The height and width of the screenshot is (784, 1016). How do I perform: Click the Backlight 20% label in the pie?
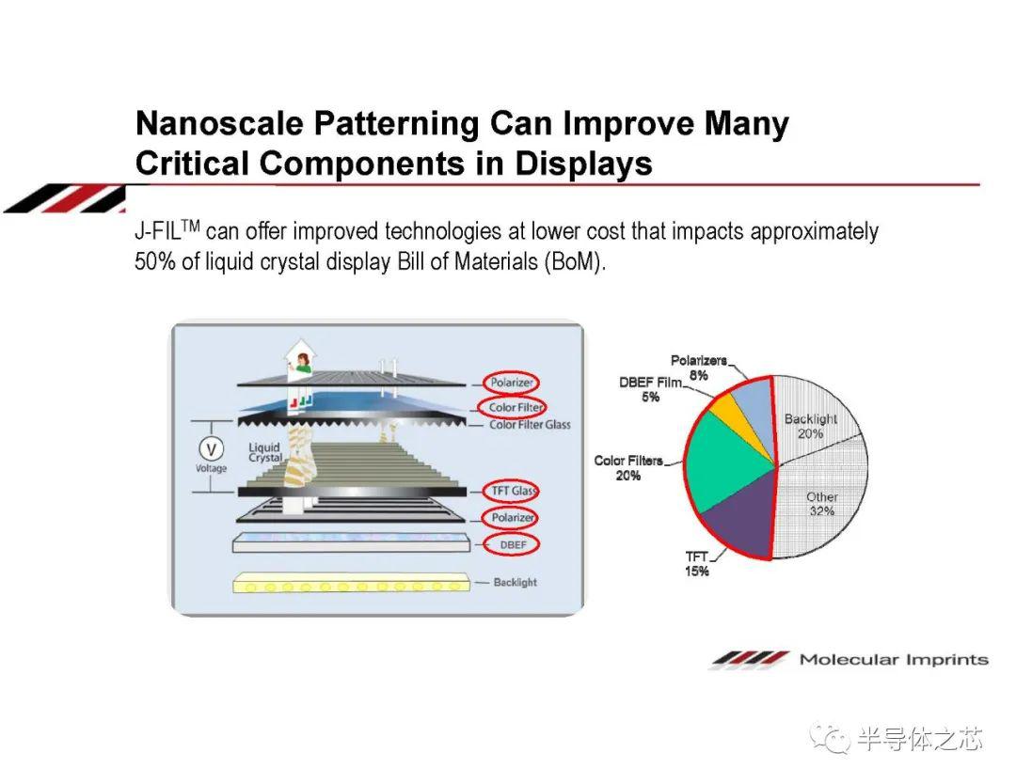pos(811,426)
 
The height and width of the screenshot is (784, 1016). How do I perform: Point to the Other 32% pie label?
pos(821,504)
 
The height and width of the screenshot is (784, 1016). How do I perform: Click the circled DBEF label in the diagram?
pos(512,545)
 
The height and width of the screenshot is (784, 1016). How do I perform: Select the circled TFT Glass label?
pos(512,491)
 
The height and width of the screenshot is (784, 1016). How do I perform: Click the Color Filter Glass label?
pos(530,425)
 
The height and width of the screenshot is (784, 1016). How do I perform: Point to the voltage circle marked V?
pos(211,448)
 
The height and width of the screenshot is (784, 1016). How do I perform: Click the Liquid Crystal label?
pos(265,452)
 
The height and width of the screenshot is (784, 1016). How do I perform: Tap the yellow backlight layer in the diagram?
pos(351,583)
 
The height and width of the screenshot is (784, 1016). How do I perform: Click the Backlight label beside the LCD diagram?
pos(516,582)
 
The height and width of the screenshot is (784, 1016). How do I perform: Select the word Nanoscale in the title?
pos(219,123)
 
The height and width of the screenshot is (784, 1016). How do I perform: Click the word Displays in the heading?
pos(583,164)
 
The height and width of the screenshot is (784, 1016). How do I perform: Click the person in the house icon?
pos(303,364)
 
